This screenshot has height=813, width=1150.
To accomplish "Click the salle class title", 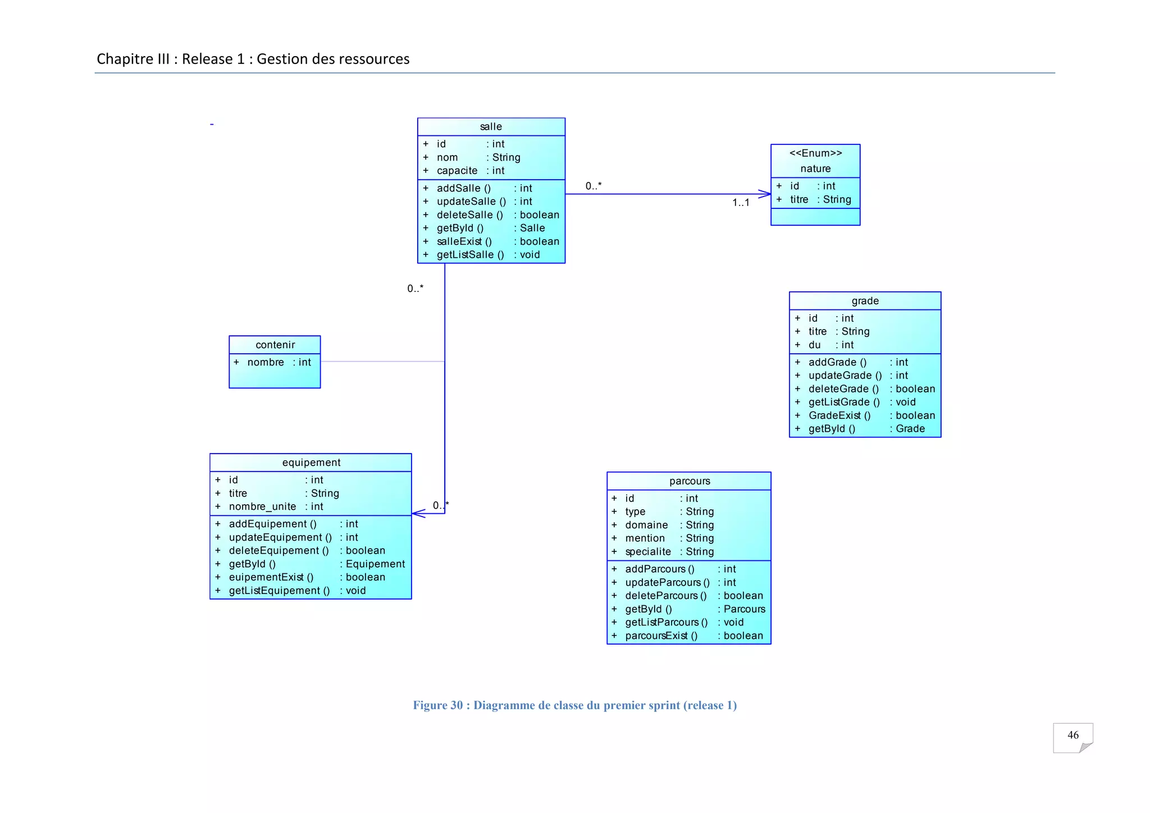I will (x=491, y=127).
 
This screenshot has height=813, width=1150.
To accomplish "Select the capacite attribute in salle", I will (x=457, y=171).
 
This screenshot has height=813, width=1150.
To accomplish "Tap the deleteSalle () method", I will (x=469, y=215).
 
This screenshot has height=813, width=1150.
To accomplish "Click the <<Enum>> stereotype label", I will (x=815, y=153).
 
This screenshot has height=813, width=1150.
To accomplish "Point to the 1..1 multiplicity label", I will (x=741, y=203).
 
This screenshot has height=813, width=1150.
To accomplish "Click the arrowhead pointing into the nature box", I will (x=765, y=194).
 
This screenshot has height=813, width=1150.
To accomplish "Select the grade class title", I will (x=865, y=301).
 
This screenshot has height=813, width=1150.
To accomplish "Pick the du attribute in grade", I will (x=815, y=345).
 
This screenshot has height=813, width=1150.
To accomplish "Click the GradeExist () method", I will (x=839, y=415).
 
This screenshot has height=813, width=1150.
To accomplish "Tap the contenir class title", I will (x=275, y=345).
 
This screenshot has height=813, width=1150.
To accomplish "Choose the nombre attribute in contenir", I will (x=266, y=363).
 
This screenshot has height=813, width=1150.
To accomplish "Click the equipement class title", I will (x=311, y=463).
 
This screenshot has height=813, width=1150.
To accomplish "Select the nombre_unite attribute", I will (x=262, y=506).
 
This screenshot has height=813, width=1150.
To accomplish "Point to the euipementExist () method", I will (x=271, y=577).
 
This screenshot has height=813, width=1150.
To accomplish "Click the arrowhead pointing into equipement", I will (x=417, y=513).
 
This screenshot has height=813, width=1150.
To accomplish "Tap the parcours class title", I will (x=690, y=481).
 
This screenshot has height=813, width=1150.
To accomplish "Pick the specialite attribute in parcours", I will (x=648, y=552).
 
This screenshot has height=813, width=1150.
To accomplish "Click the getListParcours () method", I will (x=667, y=622).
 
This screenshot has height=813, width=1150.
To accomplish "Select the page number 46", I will (x=1073, y=735).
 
